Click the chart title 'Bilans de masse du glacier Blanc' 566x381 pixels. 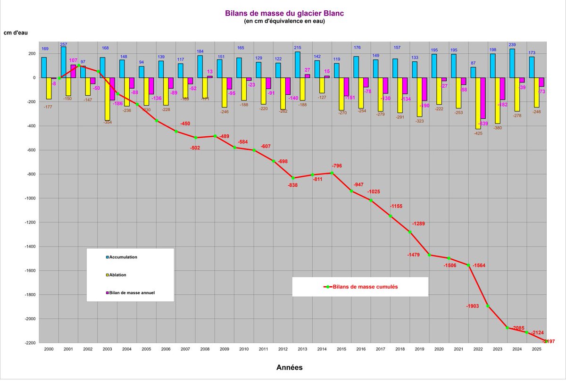[x=284, y=14]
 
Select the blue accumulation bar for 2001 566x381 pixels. [x=63, y=62]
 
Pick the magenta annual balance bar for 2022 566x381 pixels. [x=483, y=98]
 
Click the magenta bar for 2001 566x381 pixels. [x=73, y=71]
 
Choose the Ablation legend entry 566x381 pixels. [x=117, y=275]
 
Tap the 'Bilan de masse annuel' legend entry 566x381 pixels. [x=133, y=293]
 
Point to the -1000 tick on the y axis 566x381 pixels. [x=29, y=199]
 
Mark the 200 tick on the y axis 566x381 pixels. [x=31, y=54]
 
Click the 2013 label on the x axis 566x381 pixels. [x=303, y=349]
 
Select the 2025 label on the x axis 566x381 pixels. [x=537, y=349]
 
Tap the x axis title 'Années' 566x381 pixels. [x=289, y=367]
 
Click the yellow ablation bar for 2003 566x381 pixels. [x=108, y=99]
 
